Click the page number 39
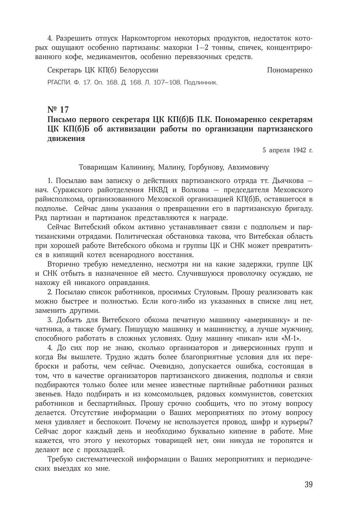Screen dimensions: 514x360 pyautogui.click(x=308, y=485)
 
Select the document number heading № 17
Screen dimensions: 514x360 pyautogui.click(x=58, y=109)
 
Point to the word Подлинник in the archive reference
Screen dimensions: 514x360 pyautogui.click(x=201, y=83)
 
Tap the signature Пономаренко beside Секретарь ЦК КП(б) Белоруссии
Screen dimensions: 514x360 pyautogui.click(x=289, y=70)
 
